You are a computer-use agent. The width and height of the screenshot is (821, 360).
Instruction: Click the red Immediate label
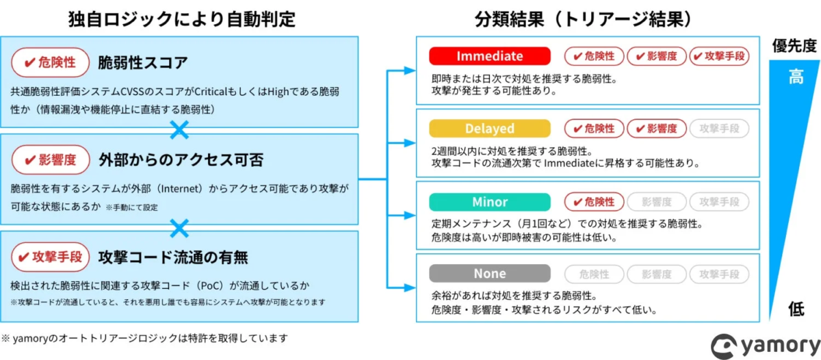pyautogui.click(x=489, y=56)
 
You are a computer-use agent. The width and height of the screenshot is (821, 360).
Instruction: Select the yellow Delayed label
pyautogui.click(x=489, y=129)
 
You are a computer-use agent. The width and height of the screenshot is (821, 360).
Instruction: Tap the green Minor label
pyautogui.click(x=489, y=202)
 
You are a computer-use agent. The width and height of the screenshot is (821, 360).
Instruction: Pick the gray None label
pyautogui.click(x=489, y=274)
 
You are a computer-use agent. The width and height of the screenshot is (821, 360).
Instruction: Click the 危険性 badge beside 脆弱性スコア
pyautogui.click(x=51, y=64)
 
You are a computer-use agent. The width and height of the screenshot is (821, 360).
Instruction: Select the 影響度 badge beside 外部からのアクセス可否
pyautogui.click(x=51, y=160)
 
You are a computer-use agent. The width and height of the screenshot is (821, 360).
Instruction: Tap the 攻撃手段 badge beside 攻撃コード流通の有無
pyautogui.click(x=51, y=257)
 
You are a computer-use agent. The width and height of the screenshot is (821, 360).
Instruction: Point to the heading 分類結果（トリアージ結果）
pyautogui.click(x=588, y=18)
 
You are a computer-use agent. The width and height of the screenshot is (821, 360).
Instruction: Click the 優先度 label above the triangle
pyautogui.click(x=794, y=46)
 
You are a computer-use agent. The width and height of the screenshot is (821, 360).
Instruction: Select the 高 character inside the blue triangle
pyautogui.click(x=796, y=77)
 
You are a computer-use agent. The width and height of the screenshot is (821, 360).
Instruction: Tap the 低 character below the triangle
pyautogui.click(x=796, y=309)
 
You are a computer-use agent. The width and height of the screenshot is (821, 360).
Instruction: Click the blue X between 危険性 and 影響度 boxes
pyautogui.click(x=179, y=129)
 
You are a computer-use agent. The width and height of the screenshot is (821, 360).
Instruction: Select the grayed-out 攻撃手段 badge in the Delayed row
pyautogui.click(x=718, y=129)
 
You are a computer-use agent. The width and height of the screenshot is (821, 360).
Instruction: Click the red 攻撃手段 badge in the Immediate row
pyautogui.click(x=718, y=56)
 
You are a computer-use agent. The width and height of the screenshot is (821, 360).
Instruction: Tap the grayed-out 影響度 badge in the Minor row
pyautogui.click(x=656, y=202)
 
